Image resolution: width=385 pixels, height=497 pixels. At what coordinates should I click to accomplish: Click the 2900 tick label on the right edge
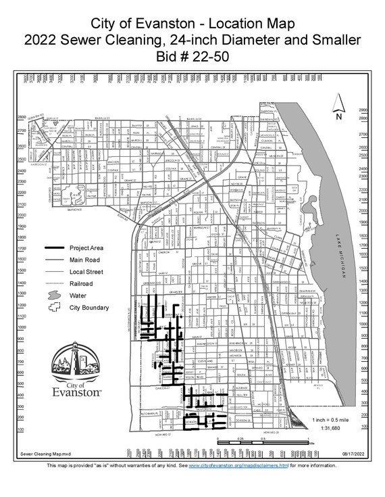click(363, 110)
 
